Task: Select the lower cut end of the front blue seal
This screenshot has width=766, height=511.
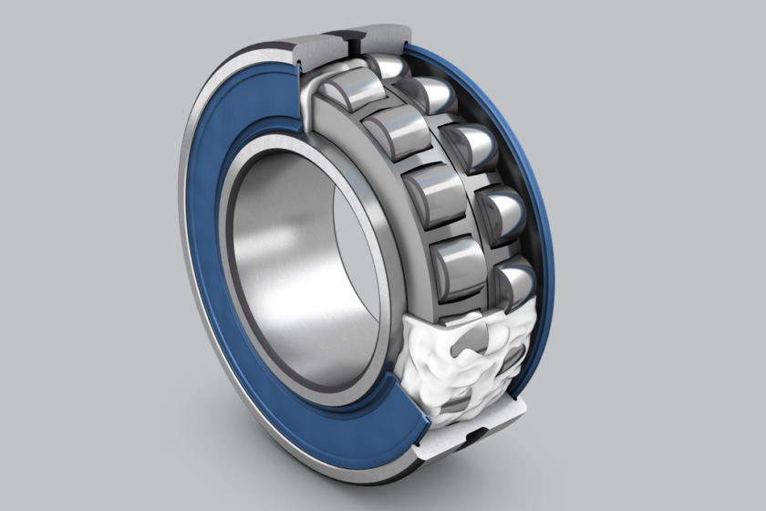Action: point(406,429)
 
